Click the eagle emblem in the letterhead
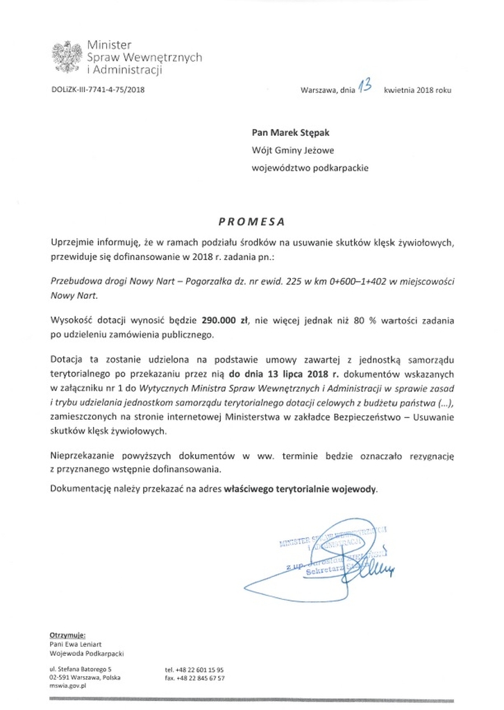[x=68, y=56]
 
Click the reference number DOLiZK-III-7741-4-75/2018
[x=99, y=89]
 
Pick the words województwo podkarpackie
[x=310, y=167]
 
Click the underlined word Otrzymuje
[x=67, y=634]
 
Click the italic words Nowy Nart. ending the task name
[x=74, y=295]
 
